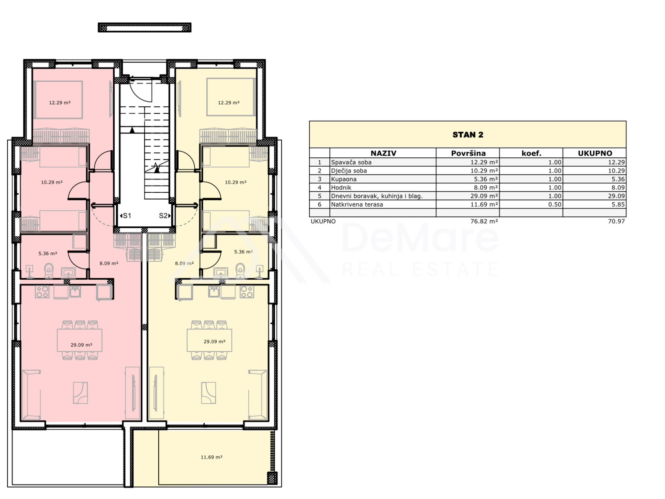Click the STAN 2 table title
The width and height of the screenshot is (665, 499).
coord(468,135)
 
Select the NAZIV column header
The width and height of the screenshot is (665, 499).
coord(383,153)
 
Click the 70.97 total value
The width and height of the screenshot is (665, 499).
coord(616,221)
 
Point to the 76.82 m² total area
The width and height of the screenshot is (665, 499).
coord(484,221)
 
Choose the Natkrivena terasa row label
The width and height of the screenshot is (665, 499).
coord(357,204)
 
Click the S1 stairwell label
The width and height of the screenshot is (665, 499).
coord(125,216)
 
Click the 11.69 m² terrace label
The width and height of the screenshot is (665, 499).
coord(211,457)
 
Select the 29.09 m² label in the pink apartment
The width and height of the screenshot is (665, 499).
coord(81,345)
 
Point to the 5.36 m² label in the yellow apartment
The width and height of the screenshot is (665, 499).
coord(243,252)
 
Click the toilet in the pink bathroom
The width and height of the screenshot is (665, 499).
coord(49,271)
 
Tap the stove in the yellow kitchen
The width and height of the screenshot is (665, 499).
coord(247,292)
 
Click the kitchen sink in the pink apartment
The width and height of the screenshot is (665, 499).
coord(75,292)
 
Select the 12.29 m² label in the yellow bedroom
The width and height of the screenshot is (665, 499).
coord(229,103)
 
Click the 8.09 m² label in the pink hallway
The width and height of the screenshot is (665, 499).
coord(109,263)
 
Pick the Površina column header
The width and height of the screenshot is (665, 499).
coord(468,153)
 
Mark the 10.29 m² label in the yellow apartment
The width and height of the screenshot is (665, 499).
coord(236,182)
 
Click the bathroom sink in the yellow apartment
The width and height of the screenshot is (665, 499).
coord(221,272)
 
